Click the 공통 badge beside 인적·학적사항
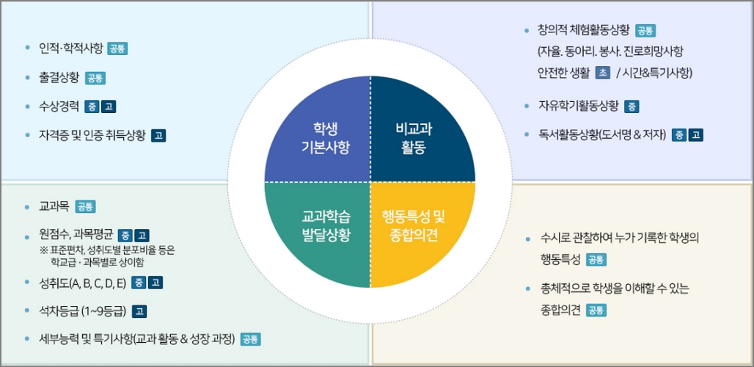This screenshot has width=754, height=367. tap(117, 49)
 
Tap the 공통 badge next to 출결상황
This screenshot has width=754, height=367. tap(95, 78)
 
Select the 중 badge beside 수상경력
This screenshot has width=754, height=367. tap(92, 106)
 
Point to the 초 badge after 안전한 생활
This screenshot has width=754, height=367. tap(602, 73)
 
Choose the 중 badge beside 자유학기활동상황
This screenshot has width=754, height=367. tap(632, 106)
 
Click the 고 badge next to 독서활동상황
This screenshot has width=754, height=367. tap(696, 135)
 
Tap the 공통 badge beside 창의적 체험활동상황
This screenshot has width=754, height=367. tap(645, 31)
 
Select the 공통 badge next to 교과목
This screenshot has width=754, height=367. tap(85, 207)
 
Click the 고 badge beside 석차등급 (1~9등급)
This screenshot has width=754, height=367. tap(139, 311)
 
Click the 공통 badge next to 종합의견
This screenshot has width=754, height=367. tap(596, 310)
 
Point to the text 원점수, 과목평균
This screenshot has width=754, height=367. tap(76, 236)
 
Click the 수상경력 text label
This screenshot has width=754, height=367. tap(59, 106)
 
